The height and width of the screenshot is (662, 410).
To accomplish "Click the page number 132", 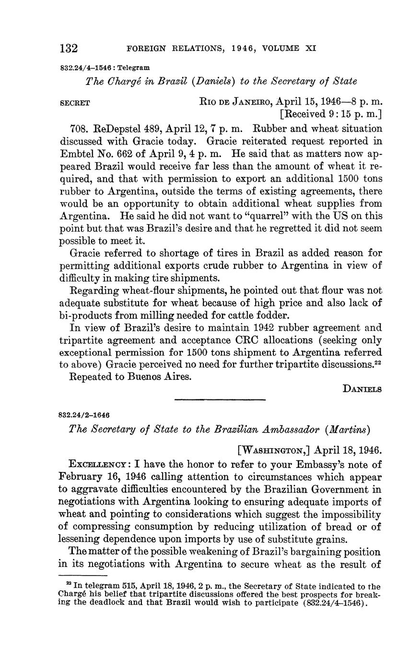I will pyautogui.click(x=69, y=48).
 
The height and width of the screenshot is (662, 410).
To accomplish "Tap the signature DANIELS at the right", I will pyautogui.click(x=363, y=389).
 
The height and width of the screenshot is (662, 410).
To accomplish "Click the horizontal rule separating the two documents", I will pyautogui.click(x=220, y=400).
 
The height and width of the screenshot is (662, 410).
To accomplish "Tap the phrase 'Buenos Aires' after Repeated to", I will pyautogui.click(x=163, y=377).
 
